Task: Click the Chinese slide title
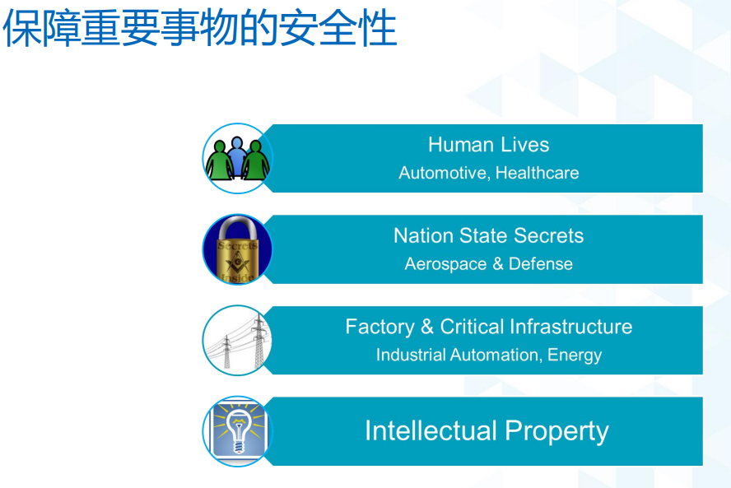[x=199, y=29]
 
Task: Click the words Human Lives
[x=489, y=145]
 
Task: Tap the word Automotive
[x=443, y=173]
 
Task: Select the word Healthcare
[x=537, y=173]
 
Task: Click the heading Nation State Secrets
[x=489, y=235]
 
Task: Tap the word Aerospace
[x=445, y=264]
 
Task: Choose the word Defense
[x=541, y=264]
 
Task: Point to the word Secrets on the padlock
[x=237, y=245]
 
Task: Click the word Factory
[x=380, y=327]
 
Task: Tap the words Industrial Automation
[x=457, y=356]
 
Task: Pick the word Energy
[x=575, y=356]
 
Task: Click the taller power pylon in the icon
[x=259, y=342]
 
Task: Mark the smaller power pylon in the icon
[x=226, y=352]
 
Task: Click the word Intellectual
[x=431, y=430]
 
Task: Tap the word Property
[x=557, y=431]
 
